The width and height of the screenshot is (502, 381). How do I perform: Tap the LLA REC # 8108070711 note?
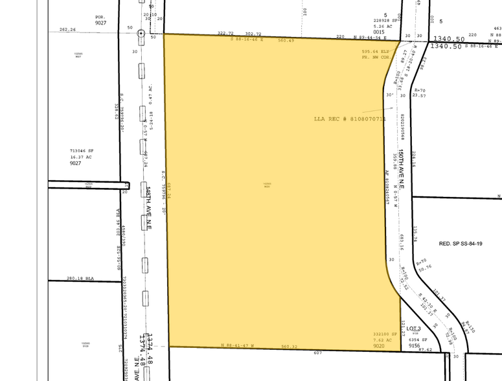(x=349, y=119)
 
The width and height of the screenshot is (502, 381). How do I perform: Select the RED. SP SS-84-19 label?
(x=461, y=244)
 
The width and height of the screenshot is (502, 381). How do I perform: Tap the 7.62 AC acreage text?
(x=382, y=340)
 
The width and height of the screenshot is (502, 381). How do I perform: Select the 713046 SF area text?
(x=82, y=150)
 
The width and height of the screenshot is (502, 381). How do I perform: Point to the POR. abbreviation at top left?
(x=100, y=17)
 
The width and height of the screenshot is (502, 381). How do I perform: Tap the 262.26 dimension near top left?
(x=67, y=29)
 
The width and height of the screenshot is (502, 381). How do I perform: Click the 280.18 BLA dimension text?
(x=80, y=278)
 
